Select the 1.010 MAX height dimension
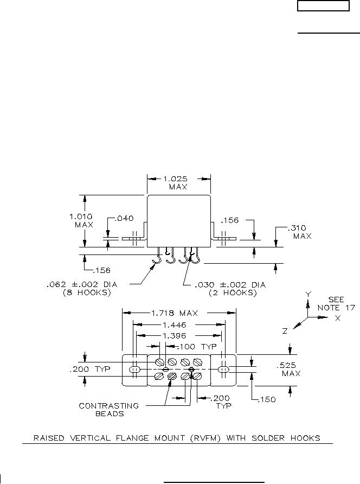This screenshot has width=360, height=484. coord(81,220)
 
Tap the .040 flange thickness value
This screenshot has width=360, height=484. coord(124,218)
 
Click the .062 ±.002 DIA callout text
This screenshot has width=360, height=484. coord(82,284)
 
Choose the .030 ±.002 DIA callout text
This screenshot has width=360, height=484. coord(230,285)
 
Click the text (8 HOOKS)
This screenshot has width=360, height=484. coord(87,292)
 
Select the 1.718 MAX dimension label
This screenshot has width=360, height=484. coord(174,313)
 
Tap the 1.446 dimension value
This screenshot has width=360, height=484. coord(174,324)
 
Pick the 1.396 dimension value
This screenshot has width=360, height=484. coord(174,335)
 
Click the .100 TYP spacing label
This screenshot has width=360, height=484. coord(197,347)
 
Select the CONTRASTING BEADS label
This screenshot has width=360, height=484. coord(109,410)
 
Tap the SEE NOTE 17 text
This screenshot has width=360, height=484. coord(336,304)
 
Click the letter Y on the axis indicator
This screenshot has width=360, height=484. coord(308,294)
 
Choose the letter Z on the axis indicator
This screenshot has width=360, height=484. coord(285,331)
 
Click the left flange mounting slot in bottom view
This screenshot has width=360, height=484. coord(134,369)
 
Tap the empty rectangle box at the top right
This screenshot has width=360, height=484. coord(323,6)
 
